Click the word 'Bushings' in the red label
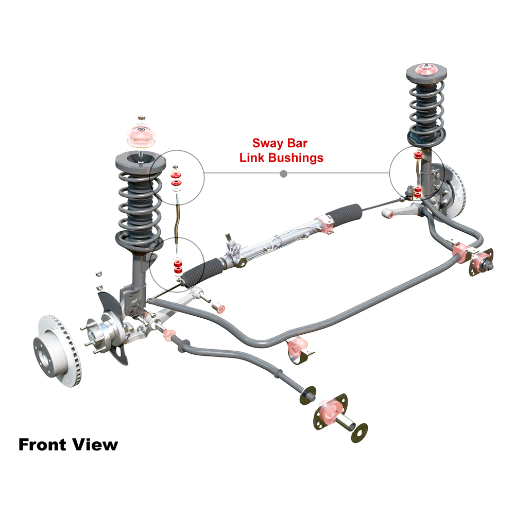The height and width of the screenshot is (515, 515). point(296,158)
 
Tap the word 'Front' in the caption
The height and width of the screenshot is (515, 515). point(42,445)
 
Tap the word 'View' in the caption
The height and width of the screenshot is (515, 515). point(95,445)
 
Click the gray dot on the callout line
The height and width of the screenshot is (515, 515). point(284,174)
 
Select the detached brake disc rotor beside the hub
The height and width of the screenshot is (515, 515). point(57,351)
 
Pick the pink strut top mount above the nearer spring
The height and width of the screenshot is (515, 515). point(141,136)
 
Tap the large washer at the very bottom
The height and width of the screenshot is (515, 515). point(359,433)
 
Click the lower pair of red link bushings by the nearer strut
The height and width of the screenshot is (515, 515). point(178,266)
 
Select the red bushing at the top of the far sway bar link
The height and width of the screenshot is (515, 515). point(418,154)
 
